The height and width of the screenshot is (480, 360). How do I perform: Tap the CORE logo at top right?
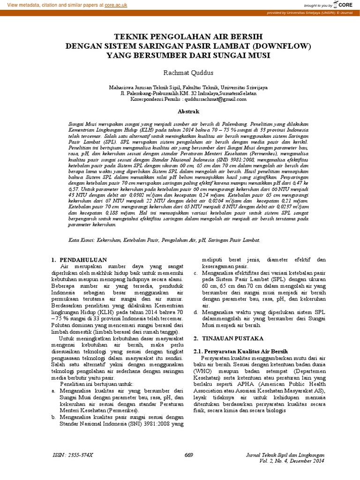click(x=346, y=5)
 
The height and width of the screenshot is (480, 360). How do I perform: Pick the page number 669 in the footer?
click(x=189, y=455)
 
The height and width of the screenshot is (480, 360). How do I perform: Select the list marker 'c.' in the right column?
click(x=195, y=272)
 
